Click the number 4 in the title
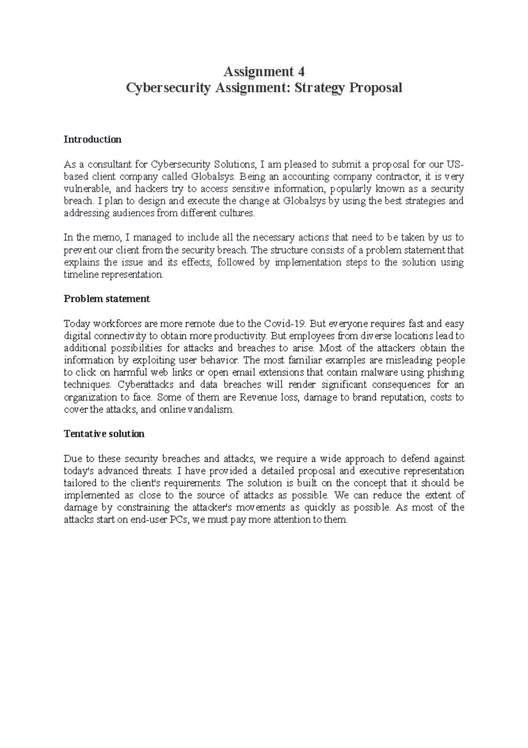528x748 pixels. click(x=301, y=71)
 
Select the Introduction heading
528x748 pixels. click(x=92, y=140)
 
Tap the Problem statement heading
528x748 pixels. click(x=107, y=299)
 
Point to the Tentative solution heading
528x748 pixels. click(x=104, y=434)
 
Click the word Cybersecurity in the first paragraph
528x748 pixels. click(x=178, y=165)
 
